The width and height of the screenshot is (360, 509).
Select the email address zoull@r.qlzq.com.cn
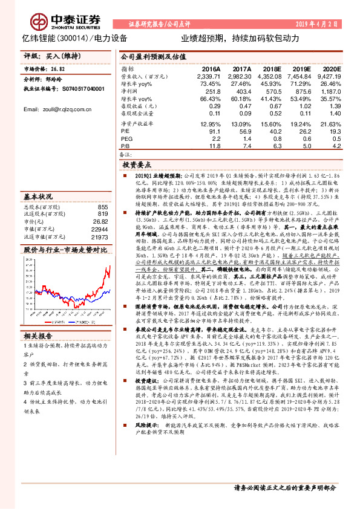52,109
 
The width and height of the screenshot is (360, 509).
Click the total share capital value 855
102,207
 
